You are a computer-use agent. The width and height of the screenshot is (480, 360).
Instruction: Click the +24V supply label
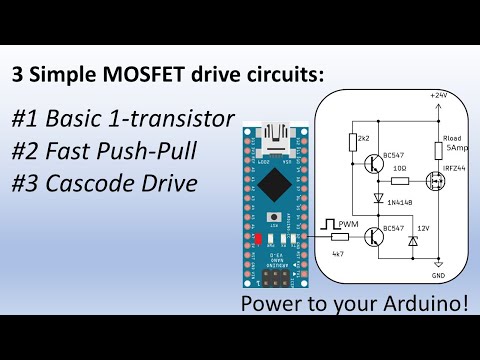[438, 94]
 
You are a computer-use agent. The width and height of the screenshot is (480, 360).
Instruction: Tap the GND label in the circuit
[438, 275]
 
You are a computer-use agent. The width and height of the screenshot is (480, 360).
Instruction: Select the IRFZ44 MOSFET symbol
[433, 183]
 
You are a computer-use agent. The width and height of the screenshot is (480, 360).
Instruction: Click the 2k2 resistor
[351, 142]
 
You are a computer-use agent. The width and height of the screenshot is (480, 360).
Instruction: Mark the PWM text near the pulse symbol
[348, 223]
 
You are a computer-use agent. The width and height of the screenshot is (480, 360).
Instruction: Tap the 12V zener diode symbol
[414, 240]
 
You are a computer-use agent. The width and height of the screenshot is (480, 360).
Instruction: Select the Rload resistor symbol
[438, 150]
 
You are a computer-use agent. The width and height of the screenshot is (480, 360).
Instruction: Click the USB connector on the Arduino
[273, 133]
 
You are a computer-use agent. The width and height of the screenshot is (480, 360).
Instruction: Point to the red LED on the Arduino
[257, 240]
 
